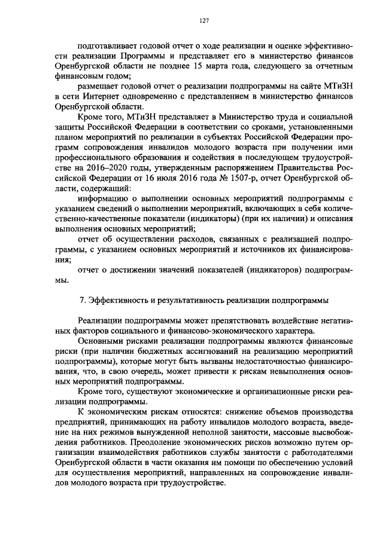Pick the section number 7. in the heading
click(x=83, y=299)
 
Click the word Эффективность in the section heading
click(x=118, y=299)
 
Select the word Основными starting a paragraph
click(x=102, y=338)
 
